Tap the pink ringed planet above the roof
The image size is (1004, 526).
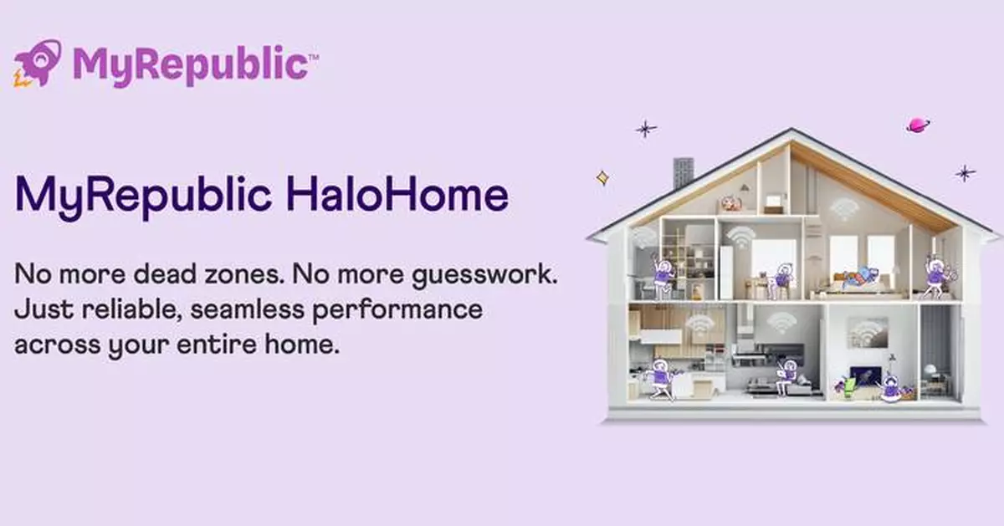(918, 125)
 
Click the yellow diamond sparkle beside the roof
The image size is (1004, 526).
(602, 177)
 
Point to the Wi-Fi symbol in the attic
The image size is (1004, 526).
(843, 209)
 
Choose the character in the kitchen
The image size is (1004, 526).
(660, 378)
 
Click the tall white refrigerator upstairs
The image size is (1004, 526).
(725, 272)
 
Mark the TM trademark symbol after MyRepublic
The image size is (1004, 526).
(314, 55)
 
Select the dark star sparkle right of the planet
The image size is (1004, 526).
(966, 173)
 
